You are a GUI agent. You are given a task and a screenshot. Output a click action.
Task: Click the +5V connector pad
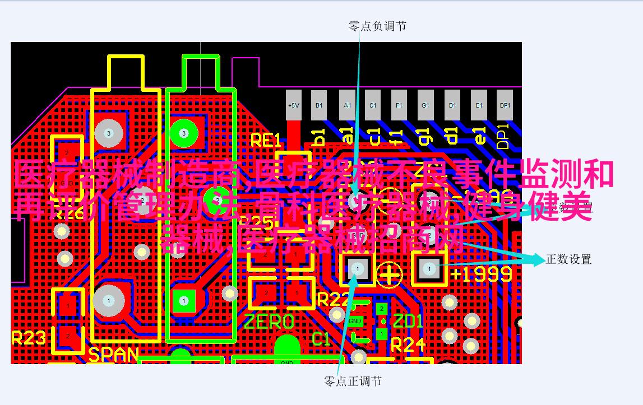(294, 105)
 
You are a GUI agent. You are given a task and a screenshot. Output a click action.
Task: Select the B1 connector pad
(320, 105)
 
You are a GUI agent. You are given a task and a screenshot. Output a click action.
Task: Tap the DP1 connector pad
(505, 105)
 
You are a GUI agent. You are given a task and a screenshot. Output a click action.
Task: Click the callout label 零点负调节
(377, 26)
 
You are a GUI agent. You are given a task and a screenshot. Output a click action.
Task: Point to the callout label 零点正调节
(353, 381)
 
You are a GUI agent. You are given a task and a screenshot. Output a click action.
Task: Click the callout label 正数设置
(568, 259)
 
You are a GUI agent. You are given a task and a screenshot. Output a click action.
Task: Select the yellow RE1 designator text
(265, 141)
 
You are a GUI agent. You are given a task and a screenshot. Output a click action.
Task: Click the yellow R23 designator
(28, 337)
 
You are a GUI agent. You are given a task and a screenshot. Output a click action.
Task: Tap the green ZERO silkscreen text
(269, 322)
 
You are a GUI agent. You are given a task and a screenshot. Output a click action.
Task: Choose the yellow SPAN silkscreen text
(113, 355)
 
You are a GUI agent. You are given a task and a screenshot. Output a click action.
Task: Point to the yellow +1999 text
(482, 274)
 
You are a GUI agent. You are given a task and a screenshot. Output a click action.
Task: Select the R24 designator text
(408, 345)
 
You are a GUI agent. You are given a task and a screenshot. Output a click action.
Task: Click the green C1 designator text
(321, 338)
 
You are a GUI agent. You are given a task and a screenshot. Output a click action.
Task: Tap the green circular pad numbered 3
(183, 133)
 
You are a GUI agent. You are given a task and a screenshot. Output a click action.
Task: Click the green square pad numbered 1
(183, 301)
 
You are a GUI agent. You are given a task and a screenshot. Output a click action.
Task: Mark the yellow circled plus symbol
(390, 274)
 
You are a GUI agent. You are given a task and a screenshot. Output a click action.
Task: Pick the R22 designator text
(333, 299)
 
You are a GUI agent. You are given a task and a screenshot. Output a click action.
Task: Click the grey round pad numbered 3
(108, 133)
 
